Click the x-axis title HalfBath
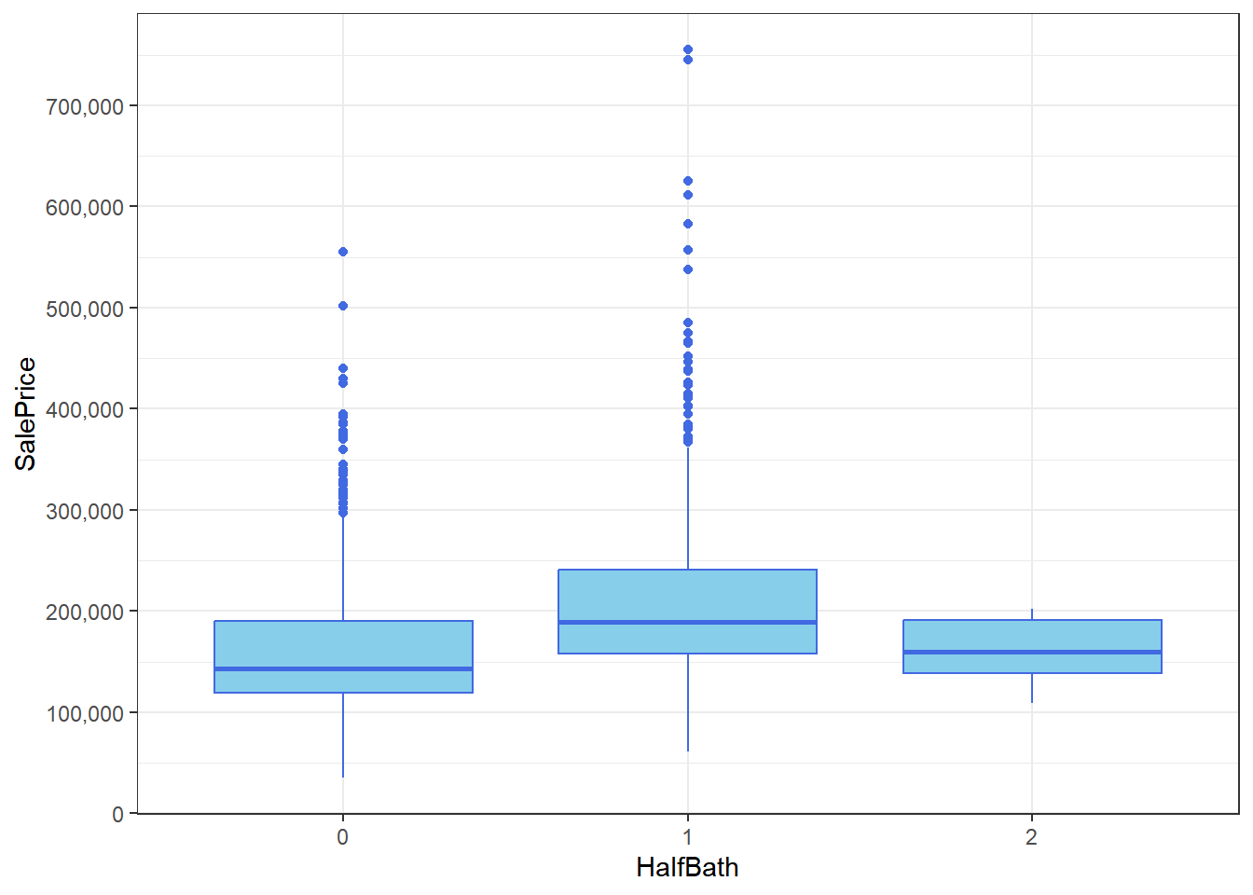tap(687, 868)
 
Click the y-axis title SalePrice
tap(26, 414)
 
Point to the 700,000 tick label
tap(85, 106)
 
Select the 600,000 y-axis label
tap(85, 207)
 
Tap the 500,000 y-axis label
tap(85, 309)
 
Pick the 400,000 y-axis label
tap(85, 409)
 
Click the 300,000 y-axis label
tap(85, 511)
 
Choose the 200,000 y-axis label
tap(85, 612)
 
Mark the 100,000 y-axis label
tap(85, 713)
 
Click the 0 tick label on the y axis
tap(117, 814)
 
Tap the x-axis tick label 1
tap(687, 837)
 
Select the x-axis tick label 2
tap(1031, 837)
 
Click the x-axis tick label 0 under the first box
tap(343, 837)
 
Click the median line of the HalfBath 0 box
tap(343, 668)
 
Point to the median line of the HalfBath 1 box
tap(687, 622)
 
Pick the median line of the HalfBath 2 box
tap(1032, 652)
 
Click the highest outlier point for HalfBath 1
tap(688, 49)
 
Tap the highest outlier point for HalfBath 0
tap(343, 252)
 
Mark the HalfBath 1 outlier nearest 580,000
tap(688, 224)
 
